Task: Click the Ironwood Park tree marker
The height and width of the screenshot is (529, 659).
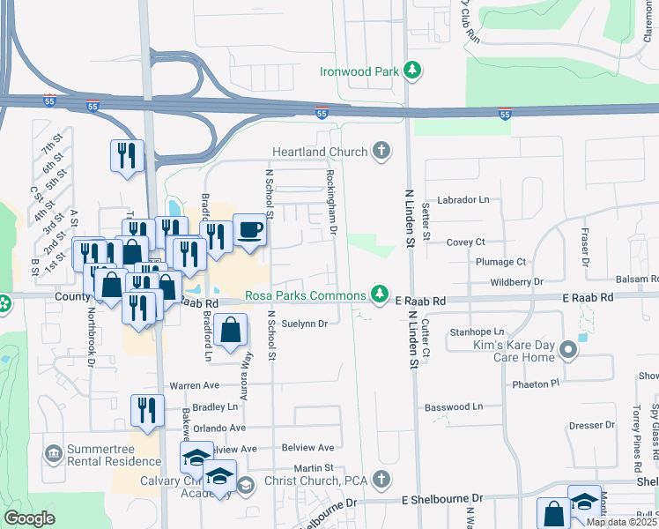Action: coord(411,69)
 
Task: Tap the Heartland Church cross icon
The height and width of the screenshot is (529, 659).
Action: coord(381,152)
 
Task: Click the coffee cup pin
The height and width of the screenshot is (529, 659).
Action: coord(250,230)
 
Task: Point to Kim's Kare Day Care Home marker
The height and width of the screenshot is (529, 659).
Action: coord(568,352)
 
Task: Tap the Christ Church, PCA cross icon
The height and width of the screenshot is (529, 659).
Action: coord(381,480)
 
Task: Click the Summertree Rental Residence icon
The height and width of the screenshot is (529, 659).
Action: coord(54,454)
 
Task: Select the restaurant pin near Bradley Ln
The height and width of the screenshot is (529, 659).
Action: coord(147,411)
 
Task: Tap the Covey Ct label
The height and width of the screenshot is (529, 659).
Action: coord(466,242)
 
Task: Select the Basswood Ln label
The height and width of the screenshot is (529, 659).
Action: coord(454,406)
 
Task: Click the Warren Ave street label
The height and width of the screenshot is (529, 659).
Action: coord(194,385)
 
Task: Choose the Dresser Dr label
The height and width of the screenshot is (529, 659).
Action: coord(585,425)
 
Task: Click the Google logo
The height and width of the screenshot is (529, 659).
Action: coord(29,519)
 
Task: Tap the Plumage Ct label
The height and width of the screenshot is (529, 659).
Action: coord(500,262)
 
